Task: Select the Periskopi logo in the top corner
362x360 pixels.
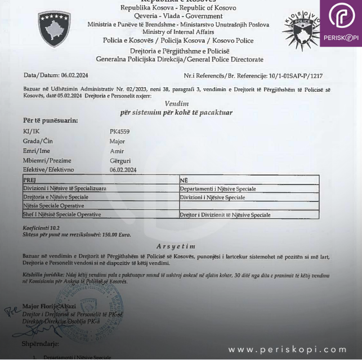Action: pos(341,22)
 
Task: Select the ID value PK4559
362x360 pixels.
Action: pos(119,132)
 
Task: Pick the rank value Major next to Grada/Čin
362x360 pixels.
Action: pos(117,141)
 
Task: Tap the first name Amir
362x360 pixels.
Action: pos(117,151)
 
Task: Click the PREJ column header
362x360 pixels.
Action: pos(29,179)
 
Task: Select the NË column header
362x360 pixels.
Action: pos(184,179)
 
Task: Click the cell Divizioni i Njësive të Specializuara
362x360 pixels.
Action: pos(64,188)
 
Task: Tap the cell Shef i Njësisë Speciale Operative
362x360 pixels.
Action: pos(62,214)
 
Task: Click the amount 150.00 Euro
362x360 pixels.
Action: pos(117,234)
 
